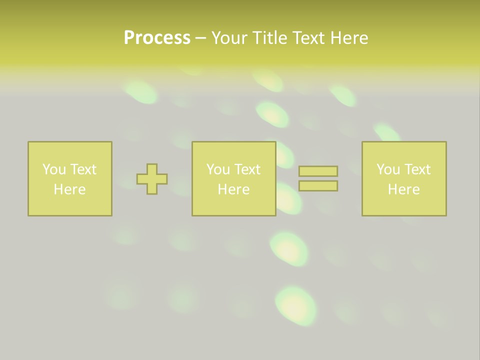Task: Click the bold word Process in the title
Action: point(157,38)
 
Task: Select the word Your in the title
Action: point(229,38)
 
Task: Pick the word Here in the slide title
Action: point(350,38)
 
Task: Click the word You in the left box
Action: point(54,169)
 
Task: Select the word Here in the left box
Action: point(69,189)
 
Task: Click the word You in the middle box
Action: point(218,169)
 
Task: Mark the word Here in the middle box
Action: point(233,189)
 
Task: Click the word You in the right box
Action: point(388,169)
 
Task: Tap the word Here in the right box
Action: point(403,189)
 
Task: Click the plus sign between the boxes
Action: point(152,179)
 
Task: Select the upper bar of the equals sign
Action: point(318,171)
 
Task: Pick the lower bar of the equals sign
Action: point(318,186)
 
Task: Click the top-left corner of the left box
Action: point(28,142)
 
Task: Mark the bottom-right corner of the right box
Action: point(445,215)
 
